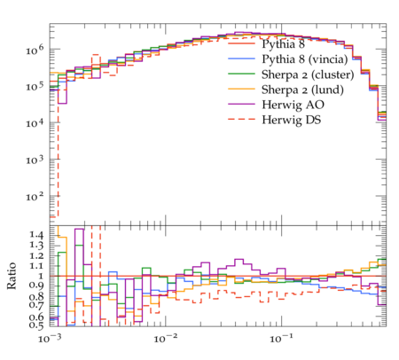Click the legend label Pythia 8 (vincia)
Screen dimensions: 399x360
pyautogui.click(x=305, y=59)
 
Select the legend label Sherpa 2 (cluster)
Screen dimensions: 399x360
pyautogui.click(x=308, y=74)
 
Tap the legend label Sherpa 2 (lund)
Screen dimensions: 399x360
pyautogui.click(x=302, y=90)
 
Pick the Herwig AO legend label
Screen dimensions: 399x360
pyautogui.click(x=293, y=105)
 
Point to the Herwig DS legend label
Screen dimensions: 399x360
pyautogui.click(x=292, y=120)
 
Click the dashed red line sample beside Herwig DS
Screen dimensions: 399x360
pyautogui.click(x=241, y=119)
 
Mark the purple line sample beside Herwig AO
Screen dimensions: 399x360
pyautogui.click(x=241, y=104)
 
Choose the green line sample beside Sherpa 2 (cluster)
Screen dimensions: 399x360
pyautogui.click(x=241, y=74)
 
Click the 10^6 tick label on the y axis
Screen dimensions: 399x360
pyautogui.click(x=35, y=50)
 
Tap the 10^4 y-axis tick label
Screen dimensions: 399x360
pyautogui.click(x=35, y=122)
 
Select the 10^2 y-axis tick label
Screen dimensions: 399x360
pyautogui.click(x=35, y=196)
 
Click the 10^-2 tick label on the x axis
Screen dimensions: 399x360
pyautogui.click(x=165, y=338)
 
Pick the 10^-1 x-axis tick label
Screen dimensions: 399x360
pyautogui.click(x=281, y=338)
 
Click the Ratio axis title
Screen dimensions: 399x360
pyautogui.click(x=12, y=276)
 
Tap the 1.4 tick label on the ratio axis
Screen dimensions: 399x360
pyautogui.click(x=36, y=235)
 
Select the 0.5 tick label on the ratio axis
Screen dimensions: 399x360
pyautogui.click(x=36, y=325)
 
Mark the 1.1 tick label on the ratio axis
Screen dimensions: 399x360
pyautogui.click(x=36, y=266)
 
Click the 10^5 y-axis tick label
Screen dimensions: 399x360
pyautogui.click(x=35, y=86)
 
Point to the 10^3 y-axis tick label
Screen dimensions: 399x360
pyautogui.click(x=35, y=160)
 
